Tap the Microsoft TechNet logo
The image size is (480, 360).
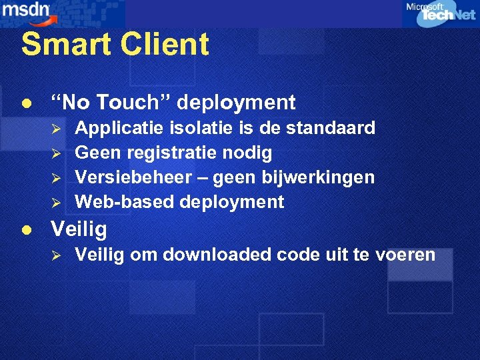440,14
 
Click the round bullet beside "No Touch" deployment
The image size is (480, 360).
26,103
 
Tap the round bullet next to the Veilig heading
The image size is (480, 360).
26,230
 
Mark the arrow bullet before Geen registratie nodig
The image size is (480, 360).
57,153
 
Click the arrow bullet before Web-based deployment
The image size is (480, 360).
57,203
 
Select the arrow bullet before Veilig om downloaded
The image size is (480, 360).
57,255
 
